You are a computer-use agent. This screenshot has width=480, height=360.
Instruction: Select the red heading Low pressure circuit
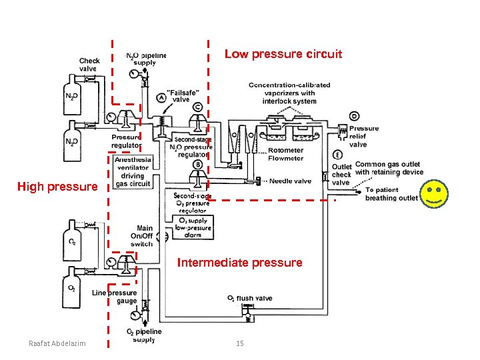(283, 54)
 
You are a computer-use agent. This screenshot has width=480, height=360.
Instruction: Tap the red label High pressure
(57, 187)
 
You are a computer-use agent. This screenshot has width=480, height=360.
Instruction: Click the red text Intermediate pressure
(239, 263)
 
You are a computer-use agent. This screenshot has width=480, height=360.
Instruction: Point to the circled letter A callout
(161, 98)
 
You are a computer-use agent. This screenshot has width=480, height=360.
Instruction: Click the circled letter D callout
(344, 116)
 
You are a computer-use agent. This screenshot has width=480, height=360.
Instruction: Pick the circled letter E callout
(339, 155)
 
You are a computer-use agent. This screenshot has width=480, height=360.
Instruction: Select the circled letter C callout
(198, 107)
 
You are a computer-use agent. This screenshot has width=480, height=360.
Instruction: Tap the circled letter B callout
(198, 165)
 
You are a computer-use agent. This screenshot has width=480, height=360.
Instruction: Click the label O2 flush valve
(250, 298)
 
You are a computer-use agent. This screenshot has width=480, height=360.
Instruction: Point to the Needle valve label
(290, 181)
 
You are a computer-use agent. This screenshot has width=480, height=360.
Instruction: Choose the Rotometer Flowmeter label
(285, 155)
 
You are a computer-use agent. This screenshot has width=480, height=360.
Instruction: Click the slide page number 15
(239, 343)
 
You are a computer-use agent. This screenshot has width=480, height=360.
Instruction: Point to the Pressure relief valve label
(363, 136)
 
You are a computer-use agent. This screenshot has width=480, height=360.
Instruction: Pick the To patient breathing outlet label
(391, 193)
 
